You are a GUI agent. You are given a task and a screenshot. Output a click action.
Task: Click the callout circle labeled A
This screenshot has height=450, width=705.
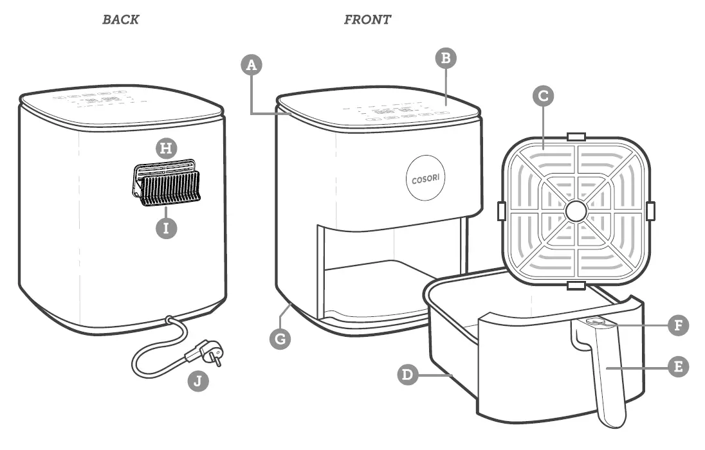252,66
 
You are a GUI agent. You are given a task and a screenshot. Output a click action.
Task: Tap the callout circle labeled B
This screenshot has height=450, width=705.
446,59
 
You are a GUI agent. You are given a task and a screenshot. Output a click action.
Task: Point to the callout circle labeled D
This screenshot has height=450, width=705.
407,374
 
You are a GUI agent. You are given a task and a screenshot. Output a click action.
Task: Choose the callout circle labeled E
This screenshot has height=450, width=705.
677,367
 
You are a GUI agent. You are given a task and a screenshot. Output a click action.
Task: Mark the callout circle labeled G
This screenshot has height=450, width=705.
280,337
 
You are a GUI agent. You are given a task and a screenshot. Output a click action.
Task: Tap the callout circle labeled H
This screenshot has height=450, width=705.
167,148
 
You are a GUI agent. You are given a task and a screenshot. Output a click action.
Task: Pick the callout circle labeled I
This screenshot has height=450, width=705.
166,228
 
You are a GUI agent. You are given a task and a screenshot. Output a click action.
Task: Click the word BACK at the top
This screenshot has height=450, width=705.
120,19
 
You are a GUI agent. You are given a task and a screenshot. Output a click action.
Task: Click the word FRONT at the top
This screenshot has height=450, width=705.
367,19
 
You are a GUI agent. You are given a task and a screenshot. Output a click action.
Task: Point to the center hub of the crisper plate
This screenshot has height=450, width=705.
575,210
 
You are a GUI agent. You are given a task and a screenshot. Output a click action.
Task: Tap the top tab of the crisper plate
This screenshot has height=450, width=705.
575,137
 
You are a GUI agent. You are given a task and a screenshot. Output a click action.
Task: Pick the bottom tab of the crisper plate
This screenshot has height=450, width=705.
575,284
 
